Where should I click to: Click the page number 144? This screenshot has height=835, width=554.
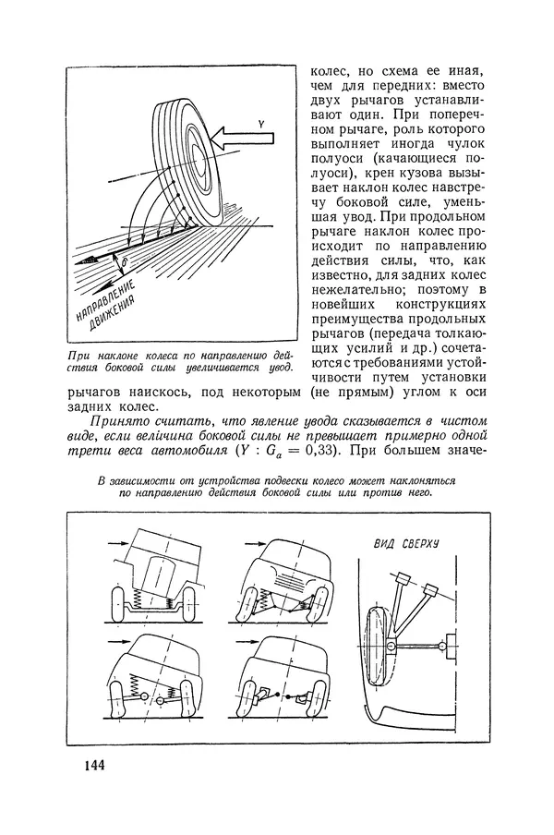click(x=92, y=766)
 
